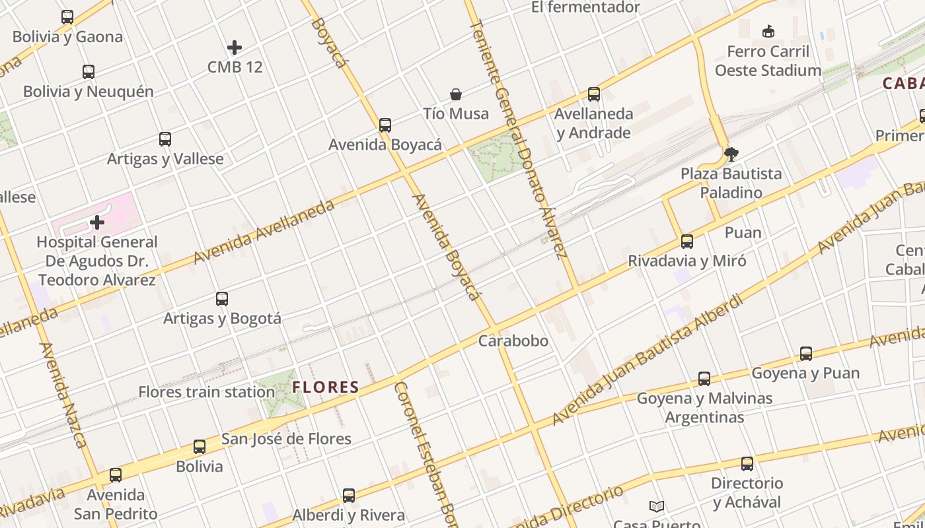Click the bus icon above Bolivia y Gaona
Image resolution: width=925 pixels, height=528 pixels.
(67, 17)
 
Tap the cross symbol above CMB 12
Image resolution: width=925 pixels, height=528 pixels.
(235, 48)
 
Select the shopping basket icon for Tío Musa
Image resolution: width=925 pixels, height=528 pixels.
(456, 94)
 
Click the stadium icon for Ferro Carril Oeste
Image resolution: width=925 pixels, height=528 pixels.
(768, 31)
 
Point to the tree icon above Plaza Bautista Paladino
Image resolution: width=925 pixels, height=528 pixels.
(731, 154)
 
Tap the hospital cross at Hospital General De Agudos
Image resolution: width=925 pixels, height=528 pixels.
(97, 222)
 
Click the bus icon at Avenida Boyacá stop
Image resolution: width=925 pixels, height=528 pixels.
(385, 125)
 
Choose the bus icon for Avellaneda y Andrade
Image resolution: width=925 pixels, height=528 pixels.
(594, 94)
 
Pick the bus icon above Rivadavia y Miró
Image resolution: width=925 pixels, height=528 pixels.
(687, 242)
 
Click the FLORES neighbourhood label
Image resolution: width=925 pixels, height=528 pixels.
(326, 387)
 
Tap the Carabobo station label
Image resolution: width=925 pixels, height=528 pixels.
(513, 341)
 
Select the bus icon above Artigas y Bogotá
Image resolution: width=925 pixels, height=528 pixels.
(222, 299)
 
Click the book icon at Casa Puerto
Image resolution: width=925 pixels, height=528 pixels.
(657, 506)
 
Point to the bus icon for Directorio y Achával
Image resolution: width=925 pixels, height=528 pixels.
(747, 464)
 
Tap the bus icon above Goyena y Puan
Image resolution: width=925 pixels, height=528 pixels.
(806, 354)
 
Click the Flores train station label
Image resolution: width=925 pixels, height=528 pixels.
(206, 392)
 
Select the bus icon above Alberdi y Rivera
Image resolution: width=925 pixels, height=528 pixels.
(349, 496)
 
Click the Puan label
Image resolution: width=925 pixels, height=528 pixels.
(743, 232)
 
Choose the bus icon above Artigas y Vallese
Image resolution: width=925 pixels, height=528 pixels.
(165, 139)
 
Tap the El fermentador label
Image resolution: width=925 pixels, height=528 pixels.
(585, 7)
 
